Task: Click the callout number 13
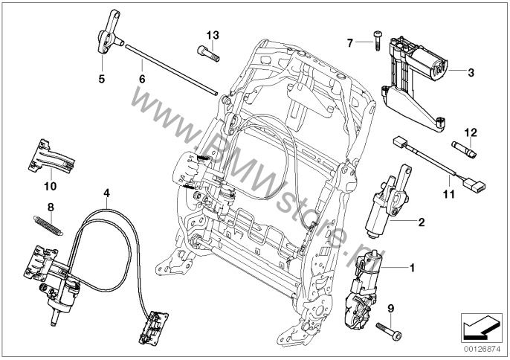pos(213,35)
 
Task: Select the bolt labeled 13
pos(207,51)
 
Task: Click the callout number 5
pos(102,77)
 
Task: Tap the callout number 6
pos(141,77)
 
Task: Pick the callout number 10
pos(50,186)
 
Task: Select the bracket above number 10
pos(51,158)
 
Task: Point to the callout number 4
pos(107,192)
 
